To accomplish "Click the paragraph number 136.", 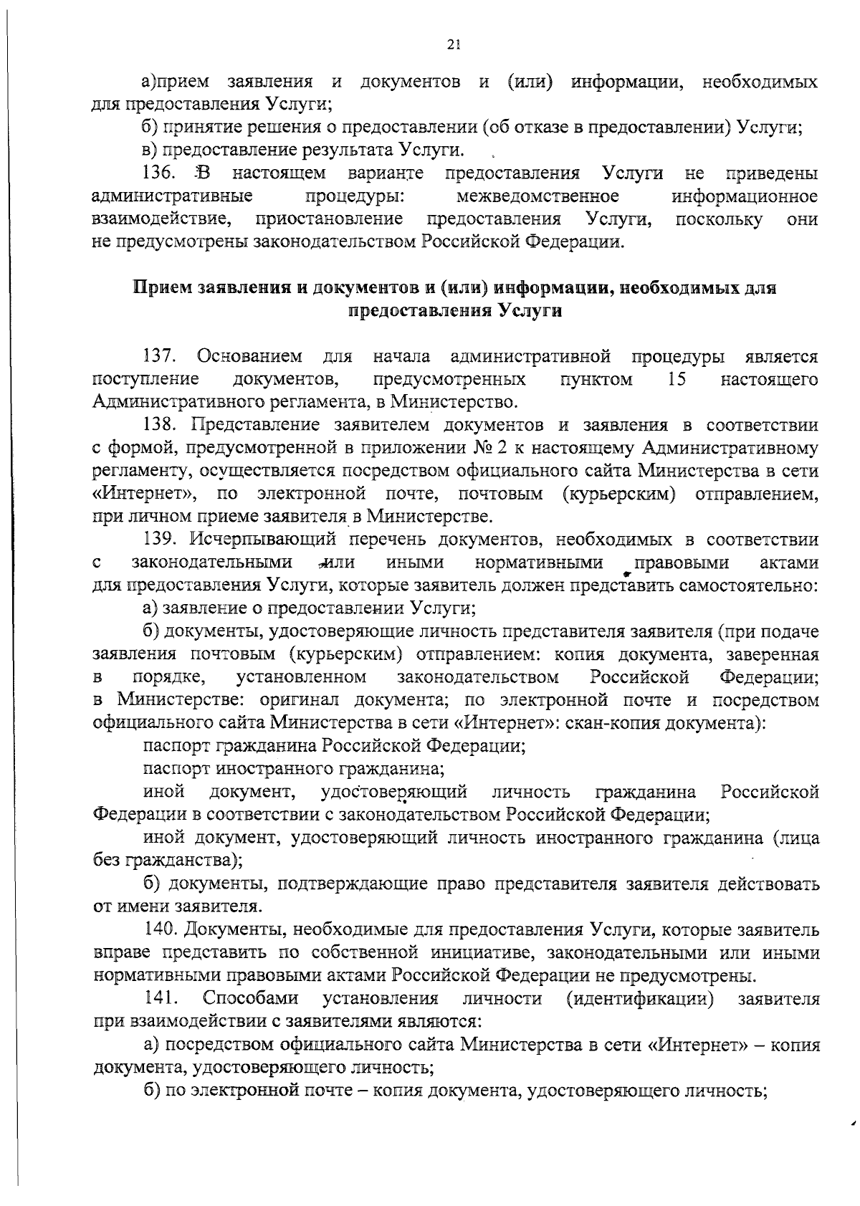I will pos(156,173).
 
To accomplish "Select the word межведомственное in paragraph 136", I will pos(537,196).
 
